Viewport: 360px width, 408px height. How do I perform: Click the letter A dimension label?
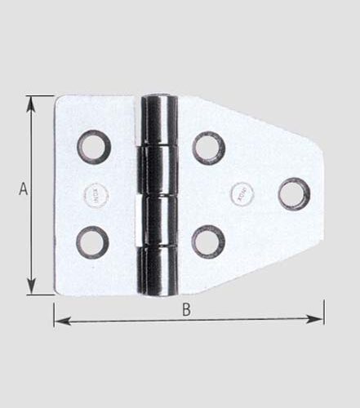click(24, 189)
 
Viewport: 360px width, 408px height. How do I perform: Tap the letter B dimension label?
click(186, 309)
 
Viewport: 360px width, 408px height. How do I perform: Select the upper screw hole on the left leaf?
click(94, 147)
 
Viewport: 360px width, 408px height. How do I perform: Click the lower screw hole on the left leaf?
click(93, 241)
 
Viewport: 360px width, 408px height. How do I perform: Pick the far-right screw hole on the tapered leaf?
click(294, 194)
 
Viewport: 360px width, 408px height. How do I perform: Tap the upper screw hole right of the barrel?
click(208, 148)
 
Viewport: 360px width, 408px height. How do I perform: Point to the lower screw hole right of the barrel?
click(208, 242)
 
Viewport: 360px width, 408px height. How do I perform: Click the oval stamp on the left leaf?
click(95, 194)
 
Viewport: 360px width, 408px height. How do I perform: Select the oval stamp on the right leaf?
click(242, 193)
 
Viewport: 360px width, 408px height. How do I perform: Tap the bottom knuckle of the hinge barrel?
click(159, 271)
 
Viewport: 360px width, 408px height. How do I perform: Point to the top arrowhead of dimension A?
click(31, 101)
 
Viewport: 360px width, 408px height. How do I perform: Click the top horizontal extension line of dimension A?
click(41, 96)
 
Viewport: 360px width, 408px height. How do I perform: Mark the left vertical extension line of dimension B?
click(55, 314)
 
